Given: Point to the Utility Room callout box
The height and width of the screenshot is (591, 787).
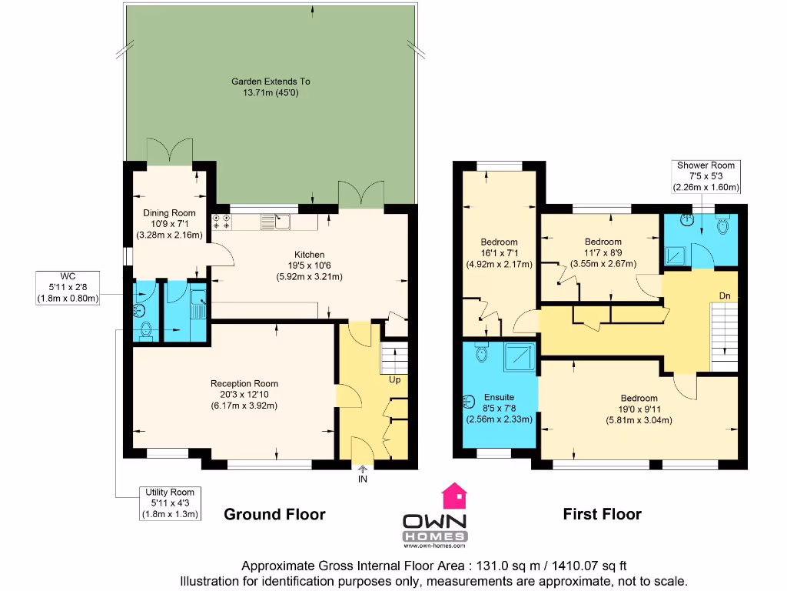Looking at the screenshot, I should [x=170, y=503].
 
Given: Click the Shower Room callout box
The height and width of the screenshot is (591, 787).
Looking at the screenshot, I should [x=706, y=176].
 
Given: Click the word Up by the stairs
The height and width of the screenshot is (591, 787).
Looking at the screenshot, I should [x=394, y=379].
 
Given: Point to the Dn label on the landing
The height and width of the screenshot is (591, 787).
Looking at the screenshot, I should [x=723, y=295].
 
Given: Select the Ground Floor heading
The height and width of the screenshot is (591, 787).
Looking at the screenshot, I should [x=274, y=514].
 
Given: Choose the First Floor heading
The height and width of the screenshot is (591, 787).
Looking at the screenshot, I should [x=602, y=514].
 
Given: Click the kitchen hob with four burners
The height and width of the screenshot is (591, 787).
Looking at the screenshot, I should [x=221, y=222].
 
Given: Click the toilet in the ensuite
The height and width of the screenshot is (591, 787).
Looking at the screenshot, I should [x=482, y=352].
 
